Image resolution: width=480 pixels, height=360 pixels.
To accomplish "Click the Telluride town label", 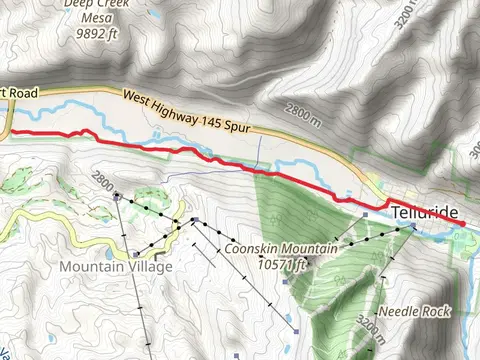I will tap(426, 214).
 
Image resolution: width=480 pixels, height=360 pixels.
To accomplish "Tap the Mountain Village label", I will tap(116, 266).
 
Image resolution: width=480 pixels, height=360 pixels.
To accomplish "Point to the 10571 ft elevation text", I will tap(281, 264).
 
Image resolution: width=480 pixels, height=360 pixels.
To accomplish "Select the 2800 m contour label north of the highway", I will tap(305, 112).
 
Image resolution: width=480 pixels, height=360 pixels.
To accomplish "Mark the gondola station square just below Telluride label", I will tap(411, 228).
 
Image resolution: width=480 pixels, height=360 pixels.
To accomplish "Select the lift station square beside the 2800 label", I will tap(118, 195).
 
